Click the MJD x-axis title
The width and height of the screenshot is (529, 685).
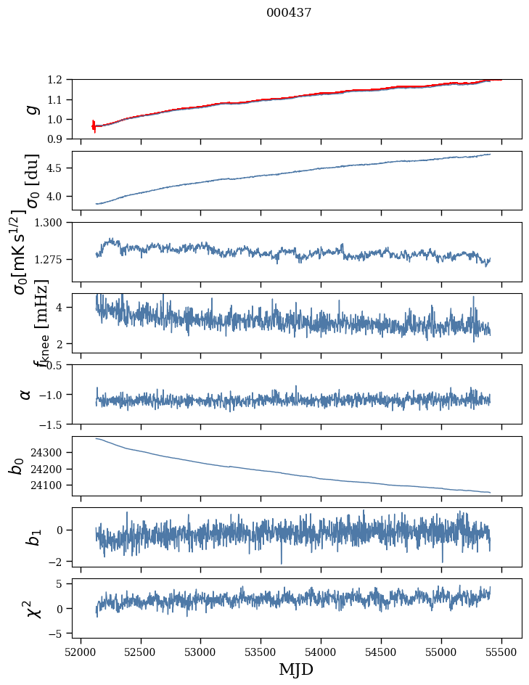(296, 670)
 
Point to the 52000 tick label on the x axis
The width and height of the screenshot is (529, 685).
(81, 651)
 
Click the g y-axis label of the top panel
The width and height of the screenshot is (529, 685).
(30, 109)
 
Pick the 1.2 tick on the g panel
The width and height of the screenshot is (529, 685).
(58, 80)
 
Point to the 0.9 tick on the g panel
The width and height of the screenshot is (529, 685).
(58, 139)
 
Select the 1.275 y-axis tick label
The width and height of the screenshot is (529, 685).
(52, 259)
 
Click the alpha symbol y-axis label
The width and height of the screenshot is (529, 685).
(25, 394)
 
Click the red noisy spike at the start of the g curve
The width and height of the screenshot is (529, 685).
(94, 126)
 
